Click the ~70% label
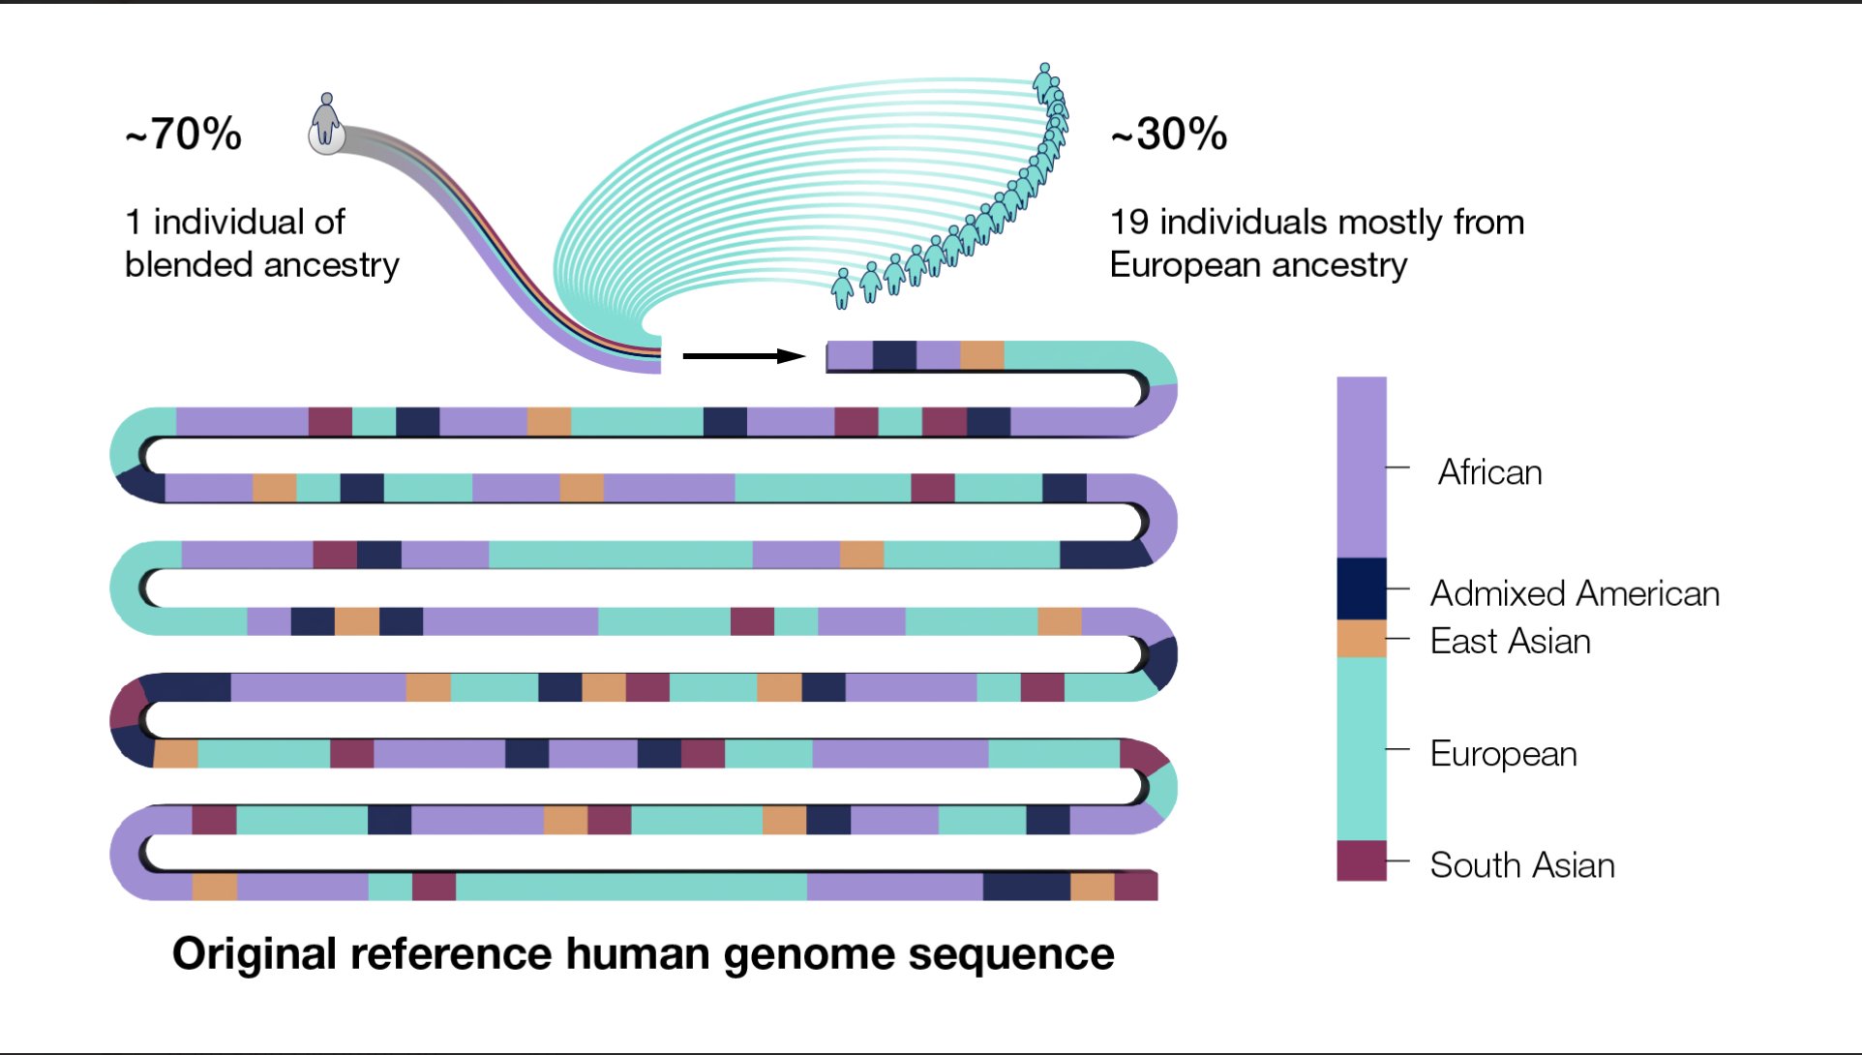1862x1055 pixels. pyautogui.click(x=183, y=134)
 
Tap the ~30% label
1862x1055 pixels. pyautogui.click(x=1169, y=134)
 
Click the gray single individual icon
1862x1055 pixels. pyautogui.click(x=326, y=124)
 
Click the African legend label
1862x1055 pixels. pyautogui.click(x=1489, y=472)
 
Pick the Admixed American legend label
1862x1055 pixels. pyautogui.click(x=1575, y=593)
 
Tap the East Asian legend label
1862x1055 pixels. pyautogui.click(x=1510, y=641)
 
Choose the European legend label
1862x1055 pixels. pyautogui.click(x=1503, y=753)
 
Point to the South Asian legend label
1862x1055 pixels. pyautogui.click(x=1521, y=864)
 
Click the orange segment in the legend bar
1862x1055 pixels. pyautogui.click(x=1361, y=639)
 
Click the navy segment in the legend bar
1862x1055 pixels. pyautogui.click(x=1361, y=588)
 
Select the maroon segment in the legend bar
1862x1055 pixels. pyautogui.click(x=1361, y=860)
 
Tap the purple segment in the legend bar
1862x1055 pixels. pyautogui.click(x=1361, y=467)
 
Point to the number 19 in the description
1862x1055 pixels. pyautogui.click(x=1128, y=222)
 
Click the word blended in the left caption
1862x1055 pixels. pyautogui.click(x=189, y=264)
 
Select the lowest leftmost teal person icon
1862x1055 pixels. pyautogui.click(x=843, y=288)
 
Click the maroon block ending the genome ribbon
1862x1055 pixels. pyautogui.click(x=1136, y=886)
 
